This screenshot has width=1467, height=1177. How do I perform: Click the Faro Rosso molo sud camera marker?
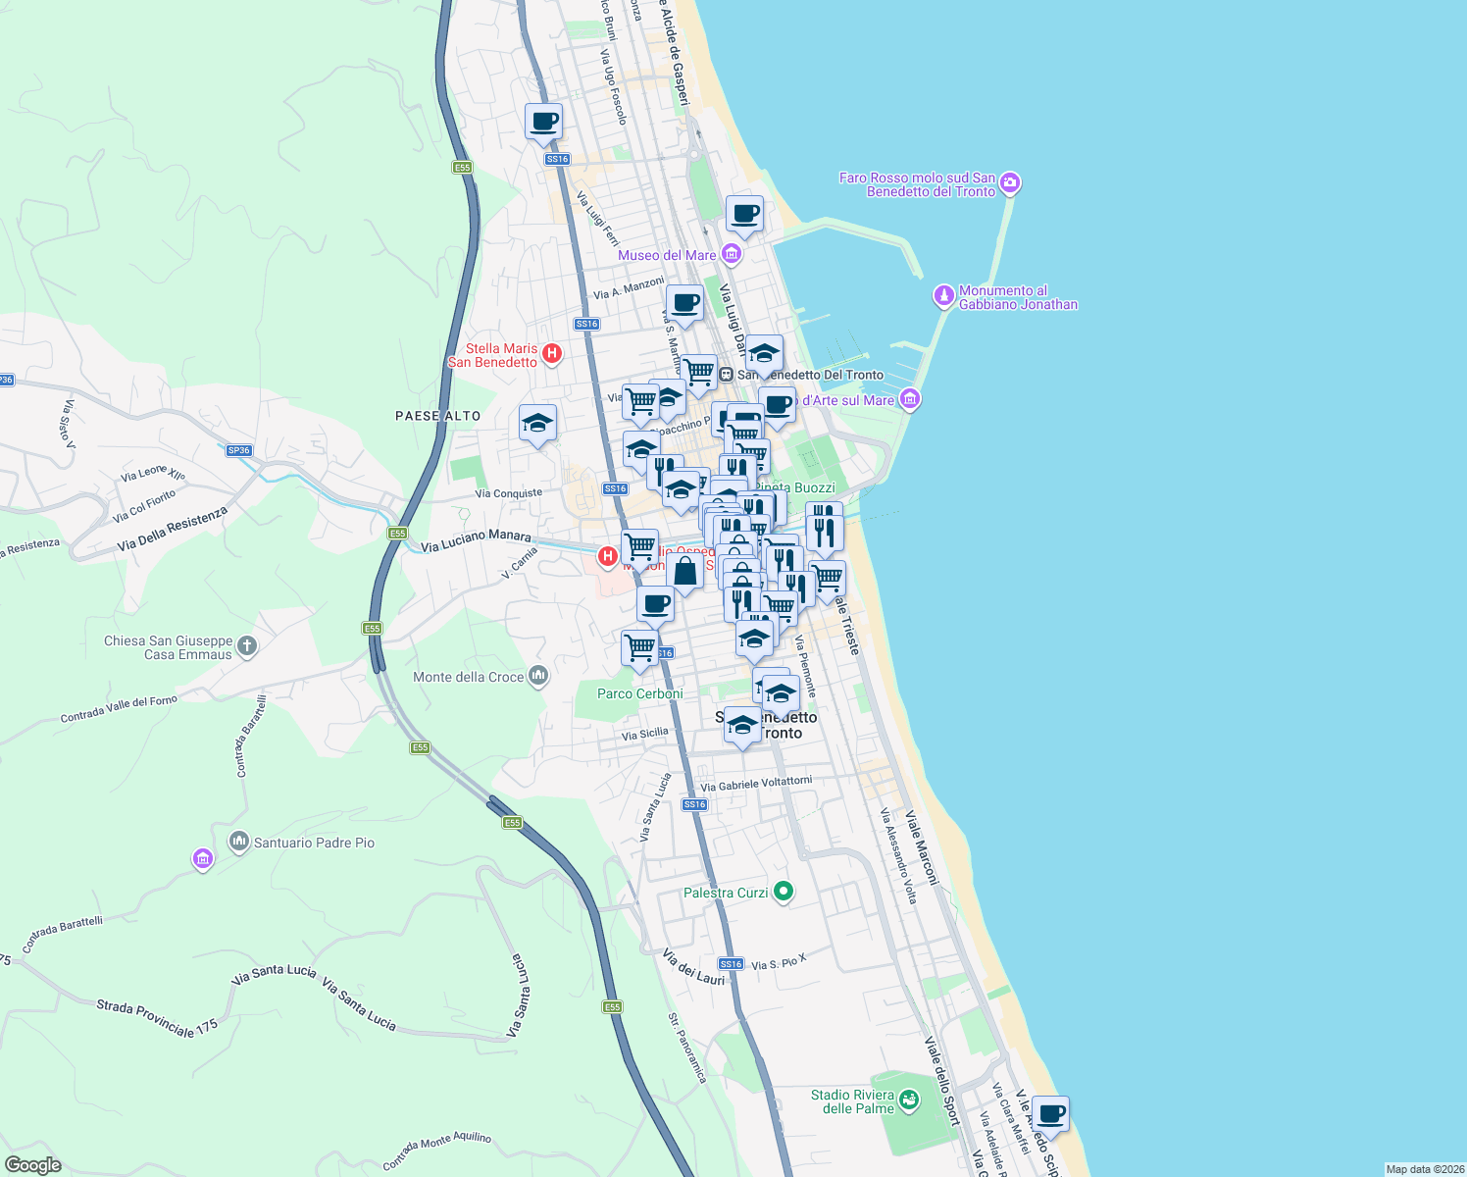1010,183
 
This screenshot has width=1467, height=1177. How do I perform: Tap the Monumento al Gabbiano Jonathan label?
1017,297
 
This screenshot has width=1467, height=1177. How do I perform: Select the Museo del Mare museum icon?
731,255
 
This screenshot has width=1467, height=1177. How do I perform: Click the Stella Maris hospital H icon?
552,353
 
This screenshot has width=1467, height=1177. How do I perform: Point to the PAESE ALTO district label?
437,416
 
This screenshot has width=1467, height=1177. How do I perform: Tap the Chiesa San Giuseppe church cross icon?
247,645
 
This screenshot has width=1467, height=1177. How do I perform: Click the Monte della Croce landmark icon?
537,676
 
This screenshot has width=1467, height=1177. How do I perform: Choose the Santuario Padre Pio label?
314,843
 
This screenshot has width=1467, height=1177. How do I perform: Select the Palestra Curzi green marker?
783,892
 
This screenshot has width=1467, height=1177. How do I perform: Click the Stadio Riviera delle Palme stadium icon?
909,1100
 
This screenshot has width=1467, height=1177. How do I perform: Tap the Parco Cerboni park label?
639,693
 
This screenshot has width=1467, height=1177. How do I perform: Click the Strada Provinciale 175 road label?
157,1018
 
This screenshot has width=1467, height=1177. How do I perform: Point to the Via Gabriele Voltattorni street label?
756,784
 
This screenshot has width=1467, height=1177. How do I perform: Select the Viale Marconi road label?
921,847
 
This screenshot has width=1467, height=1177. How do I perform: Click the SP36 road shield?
238,450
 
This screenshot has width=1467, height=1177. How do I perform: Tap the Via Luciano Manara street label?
476,540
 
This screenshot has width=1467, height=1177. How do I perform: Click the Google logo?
32,1165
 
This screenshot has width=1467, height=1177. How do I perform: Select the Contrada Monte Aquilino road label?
436,1151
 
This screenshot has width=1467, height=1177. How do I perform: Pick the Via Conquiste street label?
508,493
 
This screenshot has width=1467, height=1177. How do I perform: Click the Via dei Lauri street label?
693,966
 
